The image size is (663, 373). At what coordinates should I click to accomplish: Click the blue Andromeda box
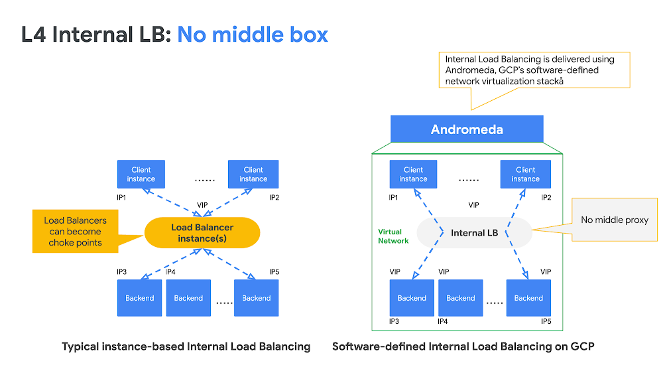coord(467,129)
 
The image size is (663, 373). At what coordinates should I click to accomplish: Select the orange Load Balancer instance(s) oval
coord(202,233)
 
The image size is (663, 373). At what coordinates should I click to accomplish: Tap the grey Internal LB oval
coord(474,233)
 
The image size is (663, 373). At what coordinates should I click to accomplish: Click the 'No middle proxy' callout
coord(615,220)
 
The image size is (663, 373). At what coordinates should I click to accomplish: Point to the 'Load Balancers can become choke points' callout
coord(75,232)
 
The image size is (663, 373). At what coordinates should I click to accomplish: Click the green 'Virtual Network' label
coord(393,236)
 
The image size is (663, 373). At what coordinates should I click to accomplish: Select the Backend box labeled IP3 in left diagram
coord(140,298)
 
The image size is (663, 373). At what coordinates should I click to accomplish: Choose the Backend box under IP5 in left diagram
coord(256,298)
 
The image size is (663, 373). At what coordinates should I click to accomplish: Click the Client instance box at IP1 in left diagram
coord(141,174)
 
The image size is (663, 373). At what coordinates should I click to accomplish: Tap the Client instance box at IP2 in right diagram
coord(525,174)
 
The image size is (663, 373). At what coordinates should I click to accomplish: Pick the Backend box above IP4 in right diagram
coord(461,298)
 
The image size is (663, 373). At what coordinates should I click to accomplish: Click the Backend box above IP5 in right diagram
coord(528,298)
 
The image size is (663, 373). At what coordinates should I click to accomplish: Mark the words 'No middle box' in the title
coord(253,34)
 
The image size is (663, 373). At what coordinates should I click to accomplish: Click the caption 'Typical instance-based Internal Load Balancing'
coord(186,346)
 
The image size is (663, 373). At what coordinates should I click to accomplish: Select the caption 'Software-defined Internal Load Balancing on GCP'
coord(463,346)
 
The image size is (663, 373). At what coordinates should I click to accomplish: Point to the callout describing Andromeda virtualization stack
coord(533,70)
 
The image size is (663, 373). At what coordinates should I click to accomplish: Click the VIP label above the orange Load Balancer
coord(203,206)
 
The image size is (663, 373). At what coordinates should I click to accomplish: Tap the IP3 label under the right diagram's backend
coord(394,321)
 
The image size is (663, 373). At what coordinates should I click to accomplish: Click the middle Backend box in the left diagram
coord(188,298)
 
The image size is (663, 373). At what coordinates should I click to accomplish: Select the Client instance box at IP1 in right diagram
coord(413,174)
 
